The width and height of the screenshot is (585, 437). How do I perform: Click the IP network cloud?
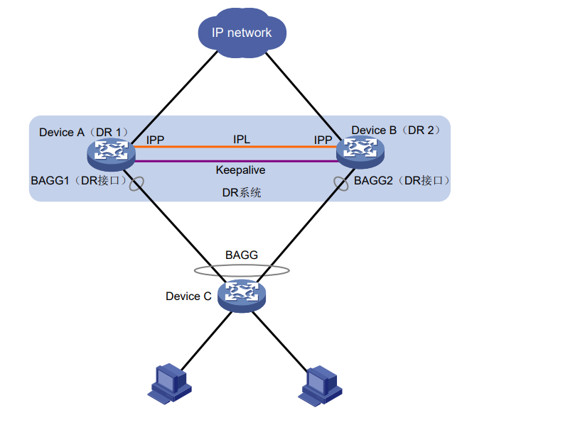coord(242,33)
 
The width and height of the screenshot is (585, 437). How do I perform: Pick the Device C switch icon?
coord(241,294)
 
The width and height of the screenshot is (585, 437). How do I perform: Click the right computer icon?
coord(323,384)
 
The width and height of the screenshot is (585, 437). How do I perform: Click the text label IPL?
coord(242,139)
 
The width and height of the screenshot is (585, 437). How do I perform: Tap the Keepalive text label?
coord(240,170)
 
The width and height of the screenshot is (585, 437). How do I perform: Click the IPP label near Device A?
coord(155,140)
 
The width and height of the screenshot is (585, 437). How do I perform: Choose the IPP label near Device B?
coord(323,140)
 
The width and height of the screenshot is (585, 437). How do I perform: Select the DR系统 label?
coord(241,192)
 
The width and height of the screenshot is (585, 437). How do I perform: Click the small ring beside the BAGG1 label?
coord(134,182)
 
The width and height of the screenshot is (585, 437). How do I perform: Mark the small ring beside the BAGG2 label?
coord(341,182)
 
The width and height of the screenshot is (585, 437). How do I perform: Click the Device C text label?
coord(188,296)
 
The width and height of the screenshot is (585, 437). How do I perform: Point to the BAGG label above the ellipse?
coord(242,254)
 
